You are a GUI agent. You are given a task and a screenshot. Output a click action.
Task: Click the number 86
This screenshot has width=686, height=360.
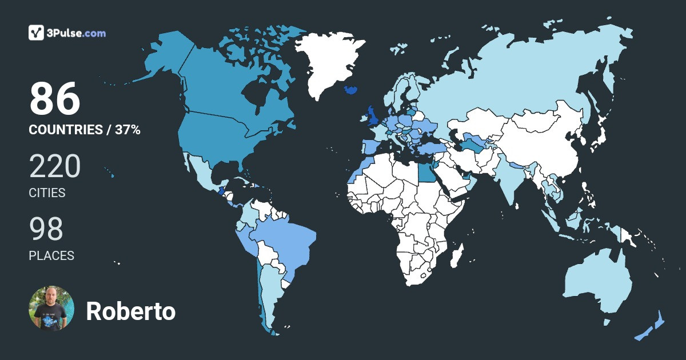tap(54, 98)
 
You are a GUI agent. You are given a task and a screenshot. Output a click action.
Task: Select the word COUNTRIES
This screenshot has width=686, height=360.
tap(65, 130)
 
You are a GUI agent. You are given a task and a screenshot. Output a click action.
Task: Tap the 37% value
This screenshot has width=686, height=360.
tap(127, 130)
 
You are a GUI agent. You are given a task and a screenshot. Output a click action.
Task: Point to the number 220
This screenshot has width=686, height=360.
tap(54, 166)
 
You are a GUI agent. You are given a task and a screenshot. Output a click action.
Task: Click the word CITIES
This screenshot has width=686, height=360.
tap(47, 193)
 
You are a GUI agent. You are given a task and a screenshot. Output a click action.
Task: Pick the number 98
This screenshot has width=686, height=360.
tap(46, 229)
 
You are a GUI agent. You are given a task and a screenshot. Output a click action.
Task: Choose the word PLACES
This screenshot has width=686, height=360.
tap(51, 256)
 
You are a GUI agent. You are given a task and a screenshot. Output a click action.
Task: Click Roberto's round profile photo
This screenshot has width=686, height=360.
tap(51, 309)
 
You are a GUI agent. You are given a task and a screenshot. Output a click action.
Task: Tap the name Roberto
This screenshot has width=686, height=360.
tap(130, 311)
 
